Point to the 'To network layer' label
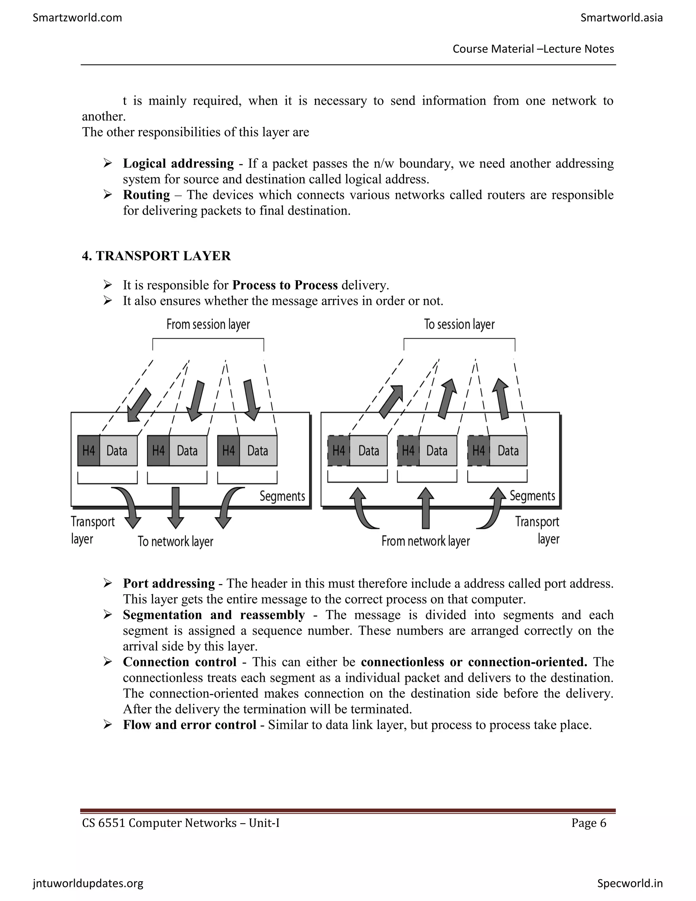click(x=175, y=541)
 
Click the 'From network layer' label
click(x=425, y=541)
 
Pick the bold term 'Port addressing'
click(x=169, y=583)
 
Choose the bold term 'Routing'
click(x=146, y=195)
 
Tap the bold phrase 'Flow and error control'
click(x=190, y=725)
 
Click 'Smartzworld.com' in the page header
click(x=77, y=18)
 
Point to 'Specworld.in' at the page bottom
click(x=630, y=883)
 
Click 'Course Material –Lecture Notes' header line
click(x=533, y=49)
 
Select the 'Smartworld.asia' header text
click(x=621, y=18)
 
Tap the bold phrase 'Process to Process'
click(x=285, y=285)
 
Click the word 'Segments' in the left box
click(x=282, y=496)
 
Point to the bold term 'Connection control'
click(x=179, y=662)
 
